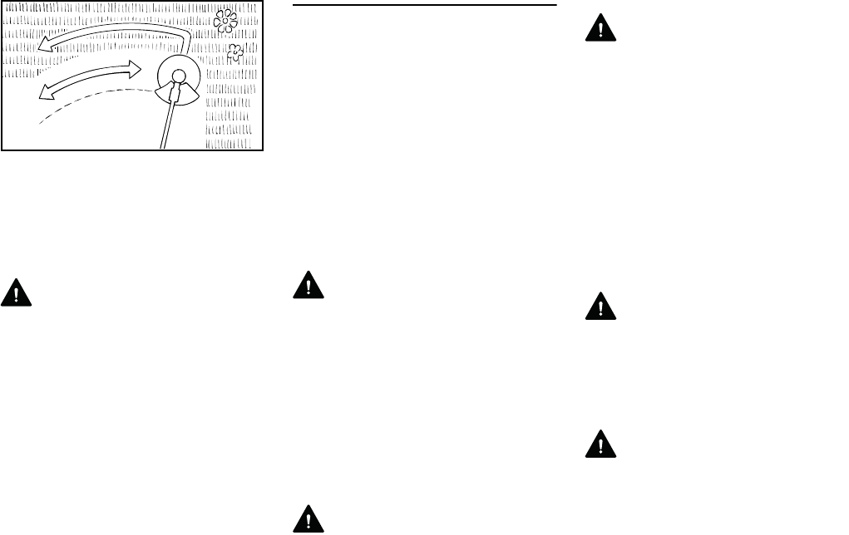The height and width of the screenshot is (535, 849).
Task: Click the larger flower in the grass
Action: coord(225,22)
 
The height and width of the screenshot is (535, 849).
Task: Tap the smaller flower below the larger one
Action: coord(235,53)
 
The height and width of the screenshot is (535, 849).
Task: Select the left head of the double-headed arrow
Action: coord(44,92)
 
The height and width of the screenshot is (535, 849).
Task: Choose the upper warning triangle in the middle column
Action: coord(309,285)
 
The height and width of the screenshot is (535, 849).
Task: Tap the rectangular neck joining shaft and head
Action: coord(175,94)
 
